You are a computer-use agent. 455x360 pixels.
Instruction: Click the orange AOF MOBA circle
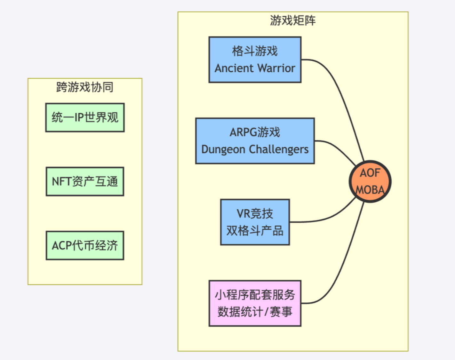click(370, 181)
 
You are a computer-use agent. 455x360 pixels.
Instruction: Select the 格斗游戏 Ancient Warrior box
click(255, 60)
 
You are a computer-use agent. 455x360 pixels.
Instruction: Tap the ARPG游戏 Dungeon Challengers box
click(255, 141)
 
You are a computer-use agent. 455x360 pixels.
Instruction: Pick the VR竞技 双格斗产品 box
click(255, 222)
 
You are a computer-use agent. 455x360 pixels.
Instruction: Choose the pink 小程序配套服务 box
click(255, 303)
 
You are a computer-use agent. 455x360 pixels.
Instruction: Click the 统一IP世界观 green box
click(85, 117)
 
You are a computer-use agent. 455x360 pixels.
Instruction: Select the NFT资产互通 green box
click(85, 181)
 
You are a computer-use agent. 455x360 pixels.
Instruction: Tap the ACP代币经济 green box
click(85, 245)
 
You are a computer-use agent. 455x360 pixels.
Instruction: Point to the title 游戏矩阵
click(293, 20)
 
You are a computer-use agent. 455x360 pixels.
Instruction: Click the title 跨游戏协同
click(85, 87)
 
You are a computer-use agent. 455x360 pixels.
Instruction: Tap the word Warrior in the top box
click(276, 68)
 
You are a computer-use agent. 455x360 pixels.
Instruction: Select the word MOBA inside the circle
click(370, 190)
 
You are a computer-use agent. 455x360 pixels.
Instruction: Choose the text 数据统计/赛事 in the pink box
click(255, 312)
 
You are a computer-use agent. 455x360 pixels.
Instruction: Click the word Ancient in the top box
click(234, 68)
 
